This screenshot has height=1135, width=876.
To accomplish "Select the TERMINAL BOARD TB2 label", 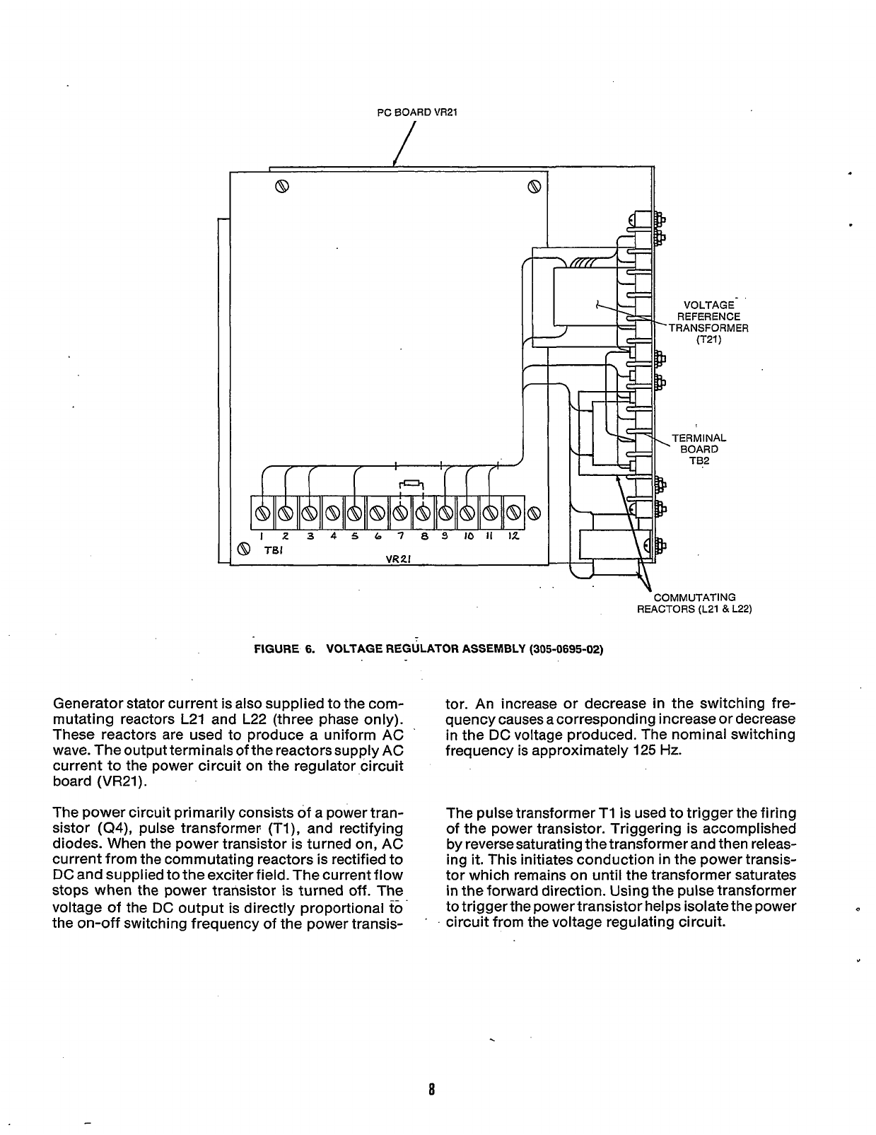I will [x=699, y=449].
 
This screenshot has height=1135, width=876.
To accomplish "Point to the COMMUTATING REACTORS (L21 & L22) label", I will [x=694, y=603].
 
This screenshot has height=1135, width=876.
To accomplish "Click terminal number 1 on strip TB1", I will [x=263, y=511].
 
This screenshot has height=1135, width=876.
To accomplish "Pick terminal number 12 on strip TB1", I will [x=513, y=511].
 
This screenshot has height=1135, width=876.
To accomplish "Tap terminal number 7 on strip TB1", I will [x=399, y=511].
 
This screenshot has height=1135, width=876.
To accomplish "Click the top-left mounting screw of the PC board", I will [x=281, y=187].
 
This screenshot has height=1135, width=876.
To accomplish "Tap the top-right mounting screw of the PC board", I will [x=535, y=187].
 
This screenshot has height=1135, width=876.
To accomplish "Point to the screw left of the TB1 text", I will [x=245, y=549].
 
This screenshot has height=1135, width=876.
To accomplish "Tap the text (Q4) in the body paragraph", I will [x=115, y=828].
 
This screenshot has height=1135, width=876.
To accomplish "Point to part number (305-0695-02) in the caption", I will [x=566, y=649].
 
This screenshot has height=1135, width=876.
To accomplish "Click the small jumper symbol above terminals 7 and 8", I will [x=411, y=484].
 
